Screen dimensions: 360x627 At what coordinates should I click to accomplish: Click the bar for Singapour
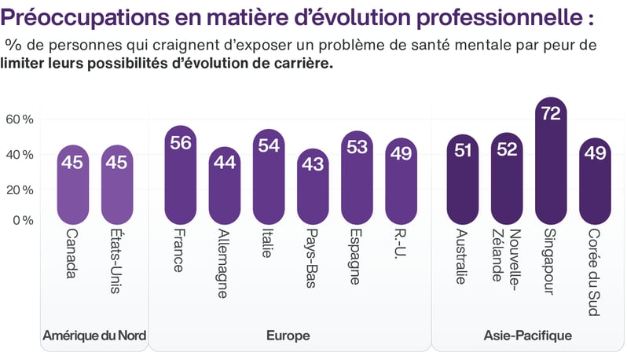pyautogui.click(x=551, y=161)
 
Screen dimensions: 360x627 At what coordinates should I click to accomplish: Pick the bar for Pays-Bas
pyautogui.click(x=312, y=186)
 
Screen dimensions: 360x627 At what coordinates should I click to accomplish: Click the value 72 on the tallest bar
pyautogui.click(x=551, y=114)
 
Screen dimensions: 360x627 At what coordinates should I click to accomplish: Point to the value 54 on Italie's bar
pyautogui.click(x=268, y=145)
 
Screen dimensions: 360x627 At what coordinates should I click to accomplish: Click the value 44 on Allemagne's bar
pyautogui.click(x=224, y=163)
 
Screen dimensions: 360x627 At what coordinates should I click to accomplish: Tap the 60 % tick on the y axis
pyautogui.click(x=19, y=119)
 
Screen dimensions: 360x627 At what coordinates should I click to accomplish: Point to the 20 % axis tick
pyautogui.click(x=19, y=189)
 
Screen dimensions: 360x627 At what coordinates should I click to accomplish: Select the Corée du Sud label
pyautogui.click(x=595, y=271)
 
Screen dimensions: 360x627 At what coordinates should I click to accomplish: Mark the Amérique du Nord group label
pyautogui.click(x=94, y=336)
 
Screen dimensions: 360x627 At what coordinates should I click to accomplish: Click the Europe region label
pyautogui.click(x=288, y=336)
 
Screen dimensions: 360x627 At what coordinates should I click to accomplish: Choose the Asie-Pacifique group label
pyautogui.click(x=527, y=336)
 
